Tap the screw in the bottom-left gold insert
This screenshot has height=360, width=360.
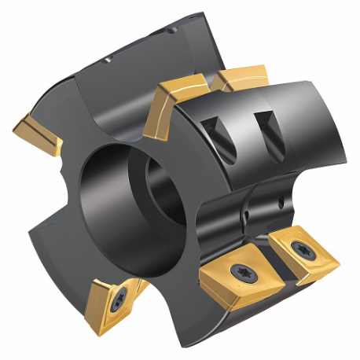tap(121, 301)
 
